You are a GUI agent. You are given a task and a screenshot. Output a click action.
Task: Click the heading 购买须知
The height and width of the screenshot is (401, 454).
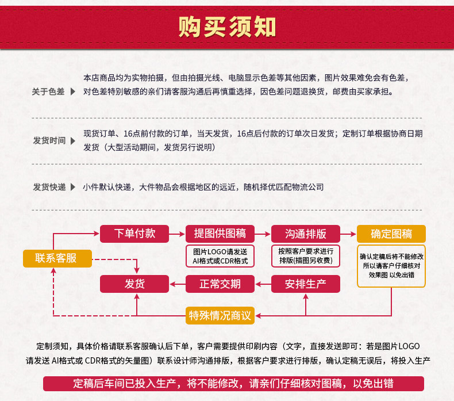[x=227, y=26]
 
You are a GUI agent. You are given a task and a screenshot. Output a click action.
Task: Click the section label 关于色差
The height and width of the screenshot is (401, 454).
[x=48, y=91]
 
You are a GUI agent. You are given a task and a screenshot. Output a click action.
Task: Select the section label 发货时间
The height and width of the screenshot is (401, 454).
[x=49, y=140]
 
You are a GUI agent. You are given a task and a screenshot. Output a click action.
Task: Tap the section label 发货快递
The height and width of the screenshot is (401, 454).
[x=49, y=187]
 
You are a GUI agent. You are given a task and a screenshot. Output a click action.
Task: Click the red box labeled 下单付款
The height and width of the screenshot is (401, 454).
[x=134, y=234]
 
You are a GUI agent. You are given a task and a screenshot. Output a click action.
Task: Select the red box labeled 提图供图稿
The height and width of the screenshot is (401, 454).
[x=220, y=234]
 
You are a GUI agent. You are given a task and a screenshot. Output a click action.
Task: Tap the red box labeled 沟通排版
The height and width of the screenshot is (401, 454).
[x=305, y=234]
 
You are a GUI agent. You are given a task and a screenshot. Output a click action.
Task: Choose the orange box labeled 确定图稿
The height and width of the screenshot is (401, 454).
[x=391, y=234]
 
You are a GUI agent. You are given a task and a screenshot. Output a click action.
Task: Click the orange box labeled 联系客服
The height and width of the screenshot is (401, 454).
[x=57, y=258]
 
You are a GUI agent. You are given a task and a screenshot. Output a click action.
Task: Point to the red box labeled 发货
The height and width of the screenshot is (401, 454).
[x=134, y=284]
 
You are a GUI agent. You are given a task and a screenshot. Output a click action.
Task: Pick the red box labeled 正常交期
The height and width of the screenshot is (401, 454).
[x=220, y=284]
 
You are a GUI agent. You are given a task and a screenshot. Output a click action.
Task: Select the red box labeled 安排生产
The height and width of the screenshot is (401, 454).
[x=305, y=284]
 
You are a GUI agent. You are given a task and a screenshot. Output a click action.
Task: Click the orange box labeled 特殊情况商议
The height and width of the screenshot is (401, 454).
[x=220, y=315]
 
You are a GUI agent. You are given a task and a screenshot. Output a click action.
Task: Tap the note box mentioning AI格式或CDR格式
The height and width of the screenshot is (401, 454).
[x=220, y=256]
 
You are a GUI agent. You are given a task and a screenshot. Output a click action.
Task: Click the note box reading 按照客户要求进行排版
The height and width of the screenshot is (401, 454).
[x=305, y=256]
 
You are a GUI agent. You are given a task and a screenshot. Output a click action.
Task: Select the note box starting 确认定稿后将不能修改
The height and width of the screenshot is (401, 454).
[x=391, y=265]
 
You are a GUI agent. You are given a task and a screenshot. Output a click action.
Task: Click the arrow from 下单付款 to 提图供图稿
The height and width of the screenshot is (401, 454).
[x=177, y=234]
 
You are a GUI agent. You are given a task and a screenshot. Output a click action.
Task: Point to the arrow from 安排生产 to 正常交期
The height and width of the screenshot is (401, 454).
[x=263, y=284]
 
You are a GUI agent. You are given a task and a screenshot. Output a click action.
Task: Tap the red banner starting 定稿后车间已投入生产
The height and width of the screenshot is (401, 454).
[x=233, y=384]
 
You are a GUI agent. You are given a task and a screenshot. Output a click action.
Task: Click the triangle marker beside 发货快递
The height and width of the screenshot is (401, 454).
[x=73, y=187]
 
